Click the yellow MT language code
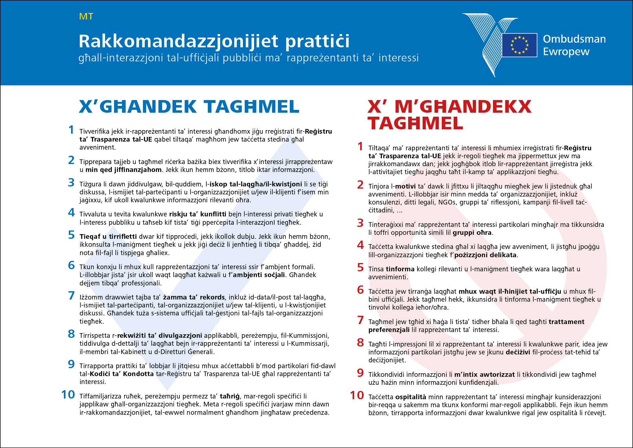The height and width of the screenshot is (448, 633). (86, 17)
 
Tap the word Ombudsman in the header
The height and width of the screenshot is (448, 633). (574, 39)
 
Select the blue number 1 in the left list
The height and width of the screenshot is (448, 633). (71, 130)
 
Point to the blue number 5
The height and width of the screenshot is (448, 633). (71, 235)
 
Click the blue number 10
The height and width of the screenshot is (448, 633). (68, 395)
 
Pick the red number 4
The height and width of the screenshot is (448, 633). (360, 245)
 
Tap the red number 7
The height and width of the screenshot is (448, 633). (360, 320)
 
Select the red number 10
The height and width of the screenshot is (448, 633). (357, 396)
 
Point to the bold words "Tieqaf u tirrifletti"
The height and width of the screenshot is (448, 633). (108, 237)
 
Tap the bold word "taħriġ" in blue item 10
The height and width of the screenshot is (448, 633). (230, 396)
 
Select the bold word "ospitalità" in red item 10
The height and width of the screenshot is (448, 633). (411, 397)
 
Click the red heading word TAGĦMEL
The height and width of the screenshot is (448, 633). (415, 124)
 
